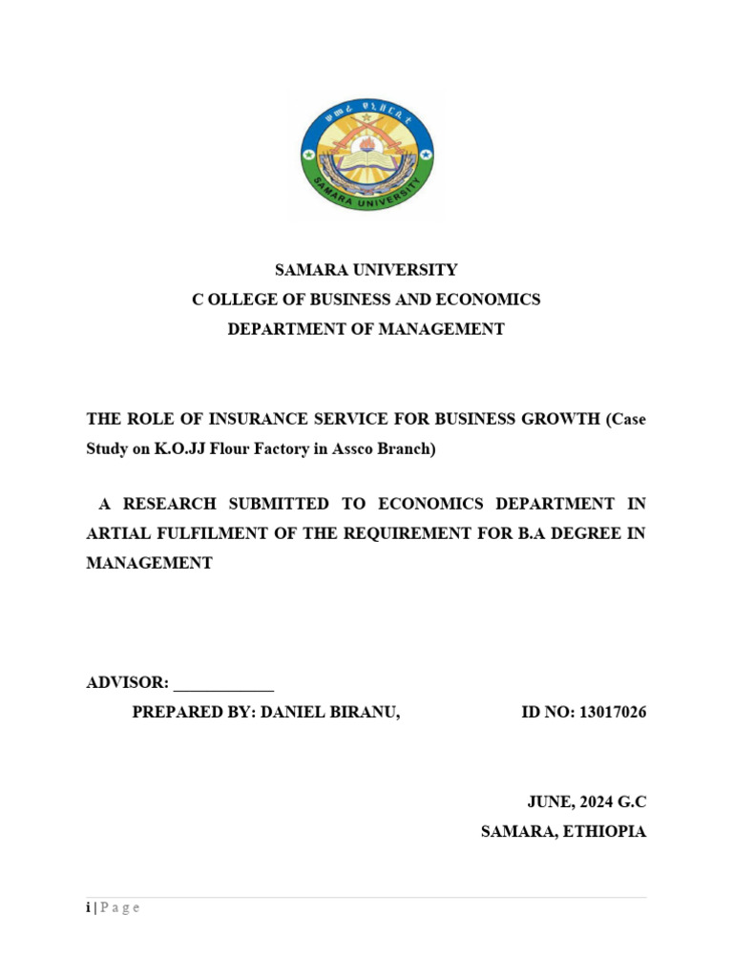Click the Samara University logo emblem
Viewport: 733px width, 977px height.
coord(366,157)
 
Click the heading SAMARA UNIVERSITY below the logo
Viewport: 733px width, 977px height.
coord(366,270)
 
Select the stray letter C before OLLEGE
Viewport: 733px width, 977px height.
coord(199,300)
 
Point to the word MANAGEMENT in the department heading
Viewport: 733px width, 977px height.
coord(456,329)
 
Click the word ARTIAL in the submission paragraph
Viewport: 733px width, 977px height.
coord(117,532)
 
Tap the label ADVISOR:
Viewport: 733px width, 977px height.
coord(128,683)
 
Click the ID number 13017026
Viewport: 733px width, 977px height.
coord(613,713)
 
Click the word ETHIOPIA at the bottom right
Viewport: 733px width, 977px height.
coord(605,832)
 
